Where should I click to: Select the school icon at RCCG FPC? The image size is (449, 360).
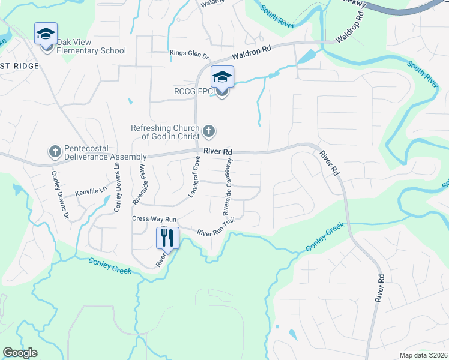(x=221, y=78)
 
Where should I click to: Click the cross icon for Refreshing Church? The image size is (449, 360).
(x=209, y=131)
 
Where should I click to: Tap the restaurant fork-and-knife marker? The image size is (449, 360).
(x=167, y=238)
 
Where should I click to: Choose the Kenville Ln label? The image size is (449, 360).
(x=91, y=193)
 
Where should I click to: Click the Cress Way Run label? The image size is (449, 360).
(x=154, y=219)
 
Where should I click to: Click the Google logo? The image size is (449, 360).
(x=20, y=353)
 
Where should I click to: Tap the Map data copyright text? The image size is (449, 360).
(x=423, y=355)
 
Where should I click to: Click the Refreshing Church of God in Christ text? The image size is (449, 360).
(x=166, y=132)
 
